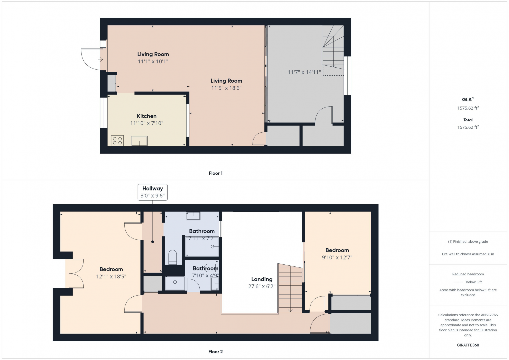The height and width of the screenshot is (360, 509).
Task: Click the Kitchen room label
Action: (x=147, y=116)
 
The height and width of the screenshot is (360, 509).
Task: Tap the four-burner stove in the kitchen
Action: (x=117, y=140)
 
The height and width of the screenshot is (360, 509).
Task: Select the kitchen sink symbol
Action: (x=139, y=141)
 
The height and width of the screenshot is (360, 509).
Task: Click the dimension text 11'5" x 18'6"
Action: (x=226, y=88)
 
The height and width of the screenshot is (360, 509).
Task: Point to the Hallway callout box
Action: (x=152, y=192)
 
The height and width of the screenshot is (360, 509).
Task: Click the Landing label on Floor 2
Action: (x=262, y=279)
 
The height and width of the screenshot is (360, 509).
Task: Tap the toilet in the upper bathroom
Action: (x=173, y=257)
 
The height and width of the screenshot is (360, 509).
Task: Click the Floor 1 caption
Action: (x=216, y=173)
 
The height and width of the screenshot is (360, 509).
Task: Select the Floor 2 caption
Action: (x=215, y=352)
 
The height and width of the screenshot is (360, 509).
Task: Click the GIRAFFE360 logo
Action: (x=468, y=345)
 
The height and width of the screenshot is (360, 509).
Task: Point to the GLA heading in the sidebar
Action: (x=468, y=99)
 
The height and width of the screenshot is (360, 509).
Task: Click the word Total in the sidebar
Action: (x=468, y=120)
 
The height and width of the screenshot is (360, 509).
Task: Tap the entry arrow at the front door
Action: (x=100, y=59)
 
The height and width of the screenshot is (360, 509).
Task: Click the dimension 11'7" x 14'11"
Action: (x=304, y=72)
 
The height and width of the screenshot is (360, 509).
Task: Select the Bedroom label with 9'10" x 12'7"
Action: (x=337, y=250)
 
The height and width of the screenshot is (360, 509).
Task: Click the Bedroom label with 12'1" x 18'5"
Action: (x=111, y=269)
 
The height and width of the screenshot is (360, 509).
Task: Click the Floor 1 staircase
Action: (x=333, y=48)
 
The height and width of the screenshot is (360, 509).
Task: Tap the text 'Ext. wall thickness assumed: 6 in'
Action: (x=468, y=254)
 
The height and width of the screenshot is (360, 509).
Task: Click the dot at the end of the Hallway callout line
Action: (x=152, y=242)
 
